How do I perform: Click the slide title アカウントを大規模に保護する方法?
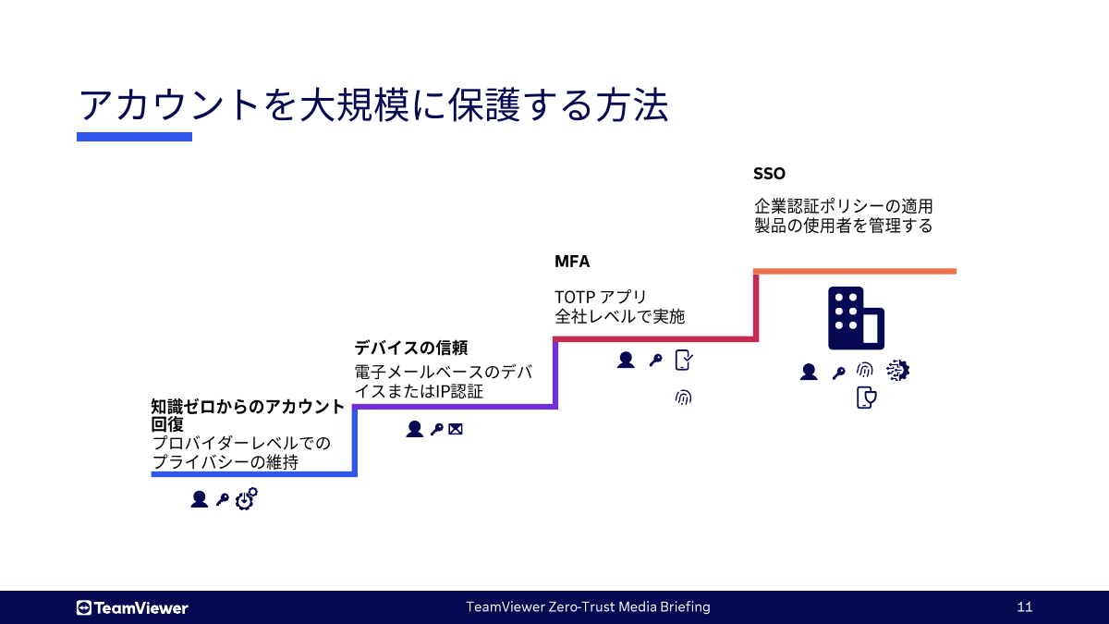(372, 104)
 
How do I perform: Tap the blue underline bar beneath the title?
(134, 137)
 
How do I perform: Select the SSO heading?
(769, 174)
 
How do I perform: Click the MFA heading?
(572, 262)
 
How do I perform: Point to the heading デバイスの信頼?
(411, 348)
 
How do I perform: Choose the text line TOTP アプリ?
(601, 297)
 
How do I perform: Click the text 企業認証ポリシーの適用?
(844, 205)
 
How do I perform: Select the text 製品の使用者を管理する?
(844, 225)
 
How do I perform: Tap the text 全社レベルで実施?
(619, 316)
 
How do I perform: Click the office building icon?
(856, 318)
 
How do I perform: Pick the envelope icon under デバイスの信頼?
(456, 429)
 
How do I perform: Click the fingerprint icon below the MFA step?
(683, 398)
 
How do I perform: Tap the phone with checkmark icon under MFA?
(684, 361)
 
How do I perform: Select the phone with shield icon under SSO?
(866, 398)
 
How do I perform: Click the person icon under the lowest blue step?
(199, 499)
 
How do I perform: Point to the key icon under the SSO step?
(838, 373)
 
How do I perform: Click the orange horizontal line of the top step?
(855, 271)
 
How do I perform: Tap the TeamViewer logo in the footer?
(132, 607)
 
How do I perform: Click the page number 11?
(1024, 607)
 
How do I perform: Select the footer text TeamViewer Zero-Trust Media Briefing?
(588, 607)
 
